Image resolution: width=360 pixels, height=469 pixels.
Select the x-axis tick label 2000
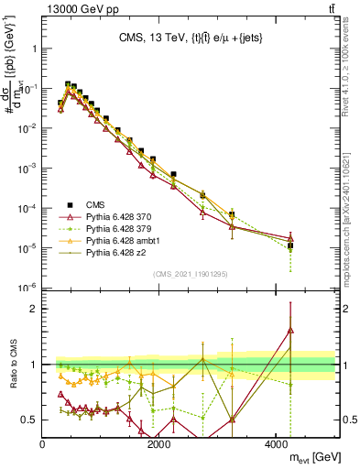point(160,444)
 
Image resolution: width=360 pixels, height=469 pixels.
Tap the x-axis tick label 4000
point(278,444)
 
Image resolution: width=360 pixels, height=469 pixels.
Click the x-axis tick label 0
point(43,444)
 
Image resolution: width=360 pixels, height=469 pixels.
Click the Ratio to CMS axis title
point(12,365)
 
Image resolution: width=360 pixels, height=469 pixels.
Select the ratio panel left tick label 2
point(34,310)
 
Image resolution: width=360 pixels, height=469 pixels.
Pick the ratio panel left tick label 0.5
point(28,420)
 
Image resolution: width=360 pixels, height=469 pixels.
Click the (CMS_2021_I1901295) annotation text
point(191,274)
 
